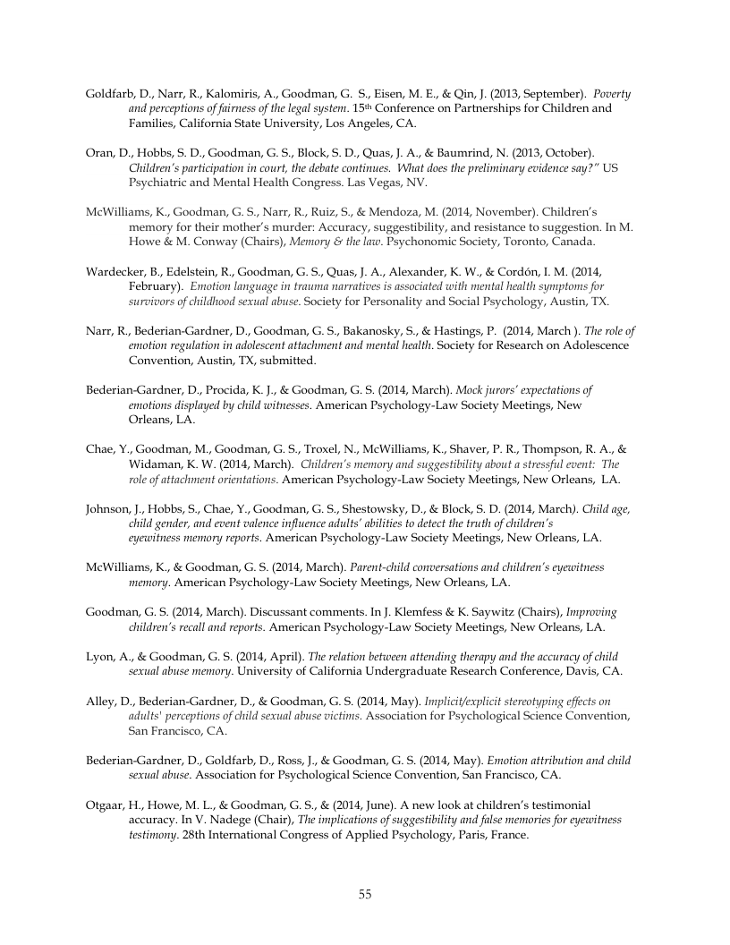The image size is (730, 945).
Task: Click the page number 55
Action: pos(365,893)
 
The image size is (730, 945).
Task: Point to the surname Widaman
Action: pos(157,464)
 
